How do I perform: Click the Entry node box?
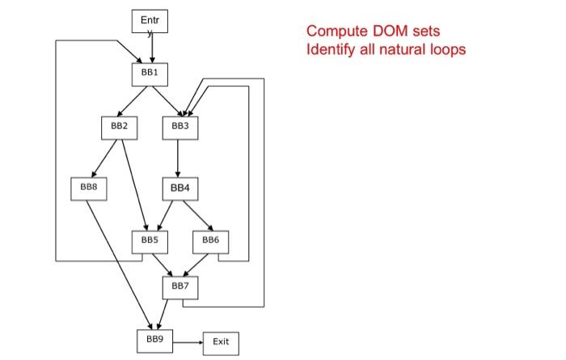[x=150, y=22]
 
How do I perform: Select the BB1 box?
[x=150, y=73]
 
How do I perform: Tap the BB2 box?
[x=119, y=127]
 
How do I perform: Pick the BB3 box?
[x=179, y=127]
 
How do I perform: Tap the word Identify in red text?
[x=332, y=49]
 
